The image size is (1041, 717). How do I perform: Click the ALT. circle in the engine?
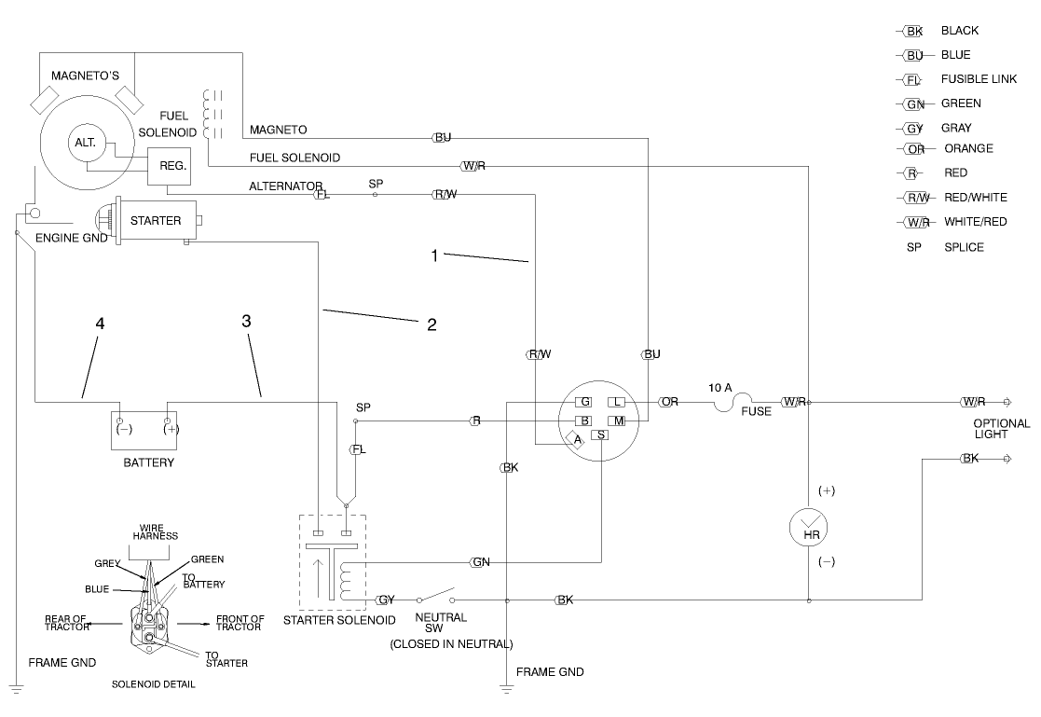[x=87, y=143]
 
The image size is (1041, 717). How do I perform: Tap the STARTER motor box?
[x=155, y=221]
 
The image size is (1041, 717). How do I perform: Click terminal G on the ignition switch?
[x=583, y=402]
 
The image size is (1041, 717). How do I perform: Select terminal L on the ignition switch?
[x=616, y=402]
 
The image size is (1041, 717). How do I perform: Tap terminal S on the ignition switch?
[x=601, y=435]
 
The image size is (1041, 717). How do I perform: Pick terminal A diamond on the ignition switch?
[x=577, y=439]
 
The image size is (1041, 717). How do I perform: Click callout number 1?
[x=433, y=255]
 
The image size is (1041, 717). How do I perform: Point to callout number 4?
[x=99, y=323]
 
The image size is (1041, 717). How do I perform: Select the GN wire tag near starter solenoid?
[x=481, y=562]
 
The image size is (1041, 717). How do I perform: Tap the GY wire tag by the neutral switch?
[x=387, y=600]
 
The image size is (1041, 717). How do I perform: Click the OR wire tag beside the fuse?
[x=668, y=402]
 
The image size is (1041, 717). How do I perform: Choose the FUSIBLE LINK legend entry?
[x=979, y=79]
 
